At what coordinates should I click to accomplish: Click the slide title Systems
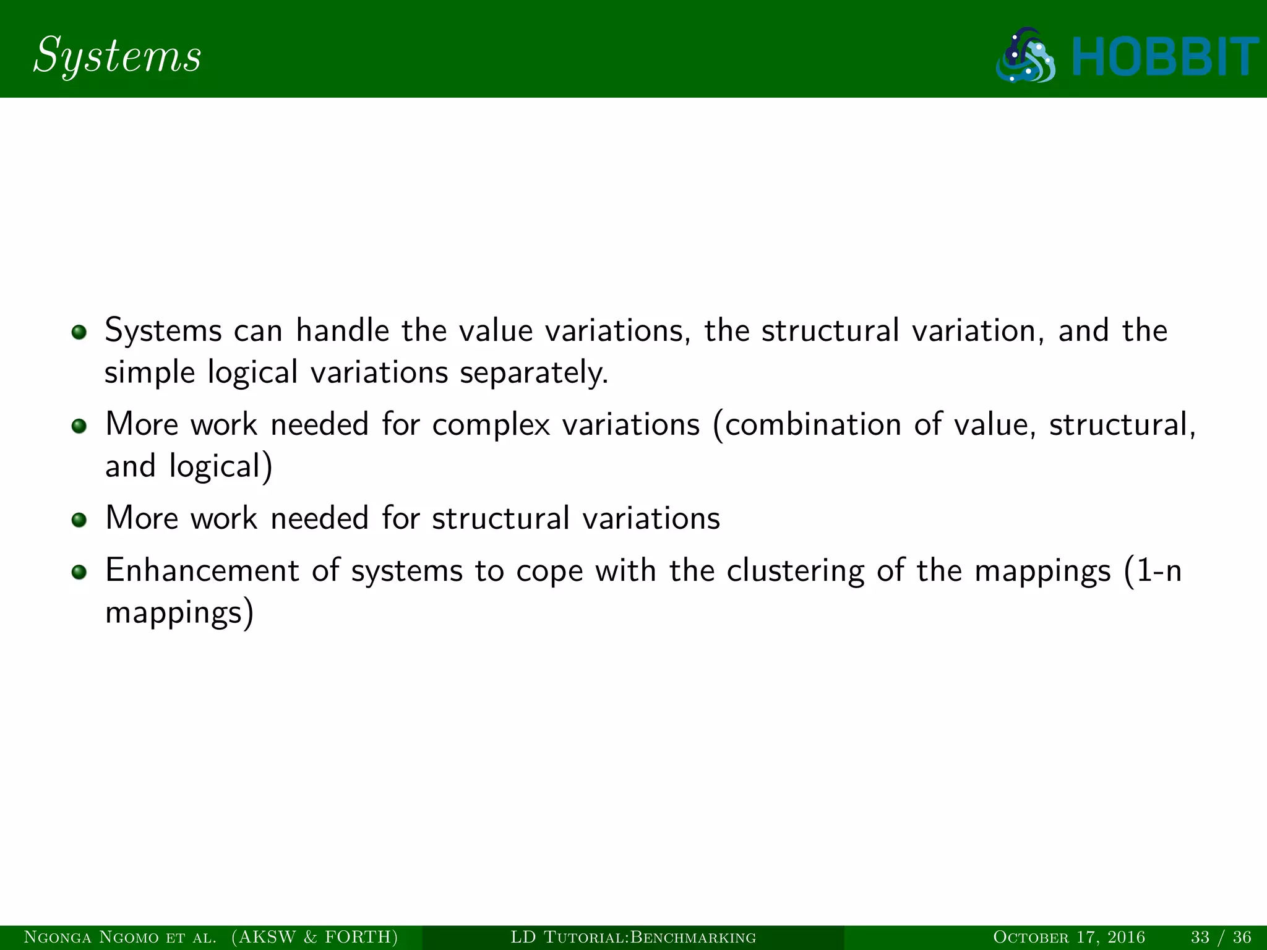(x=117, y=56)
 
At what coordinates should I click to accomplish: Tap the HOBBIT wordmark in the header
(x=1164, y=58)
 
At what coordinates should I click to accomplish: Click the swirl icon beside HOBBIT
(x=1026, y=56)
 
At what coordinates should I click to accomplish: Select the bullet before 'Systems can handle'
(x=79, y=333)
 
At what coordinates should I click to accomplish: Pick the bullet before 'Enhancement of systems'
(x=79, y=572)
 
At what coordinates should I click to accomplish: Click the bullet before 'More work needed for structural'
(x=79, y=520)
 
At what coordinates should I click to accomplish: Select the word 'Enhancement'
(x=202, y=570)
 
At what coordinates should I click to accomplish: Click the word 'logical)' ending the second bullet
(x=220, y=467)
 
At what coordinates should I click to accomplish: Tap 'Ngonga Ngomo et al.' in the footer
(x=120, y=938)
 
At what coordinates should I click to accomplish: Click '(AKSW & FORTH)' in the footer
(x=315, y=938)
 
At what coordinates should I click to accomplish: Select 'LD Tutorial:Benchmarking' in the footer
(x=633, y=938)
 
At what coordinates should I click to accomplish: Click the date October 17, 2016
(x=1068, y=938)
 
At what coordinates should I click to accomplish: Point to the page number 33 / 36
(x=1221, y=938)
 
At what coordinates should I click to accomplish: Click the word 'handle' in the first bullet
(x=342, y=331)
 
